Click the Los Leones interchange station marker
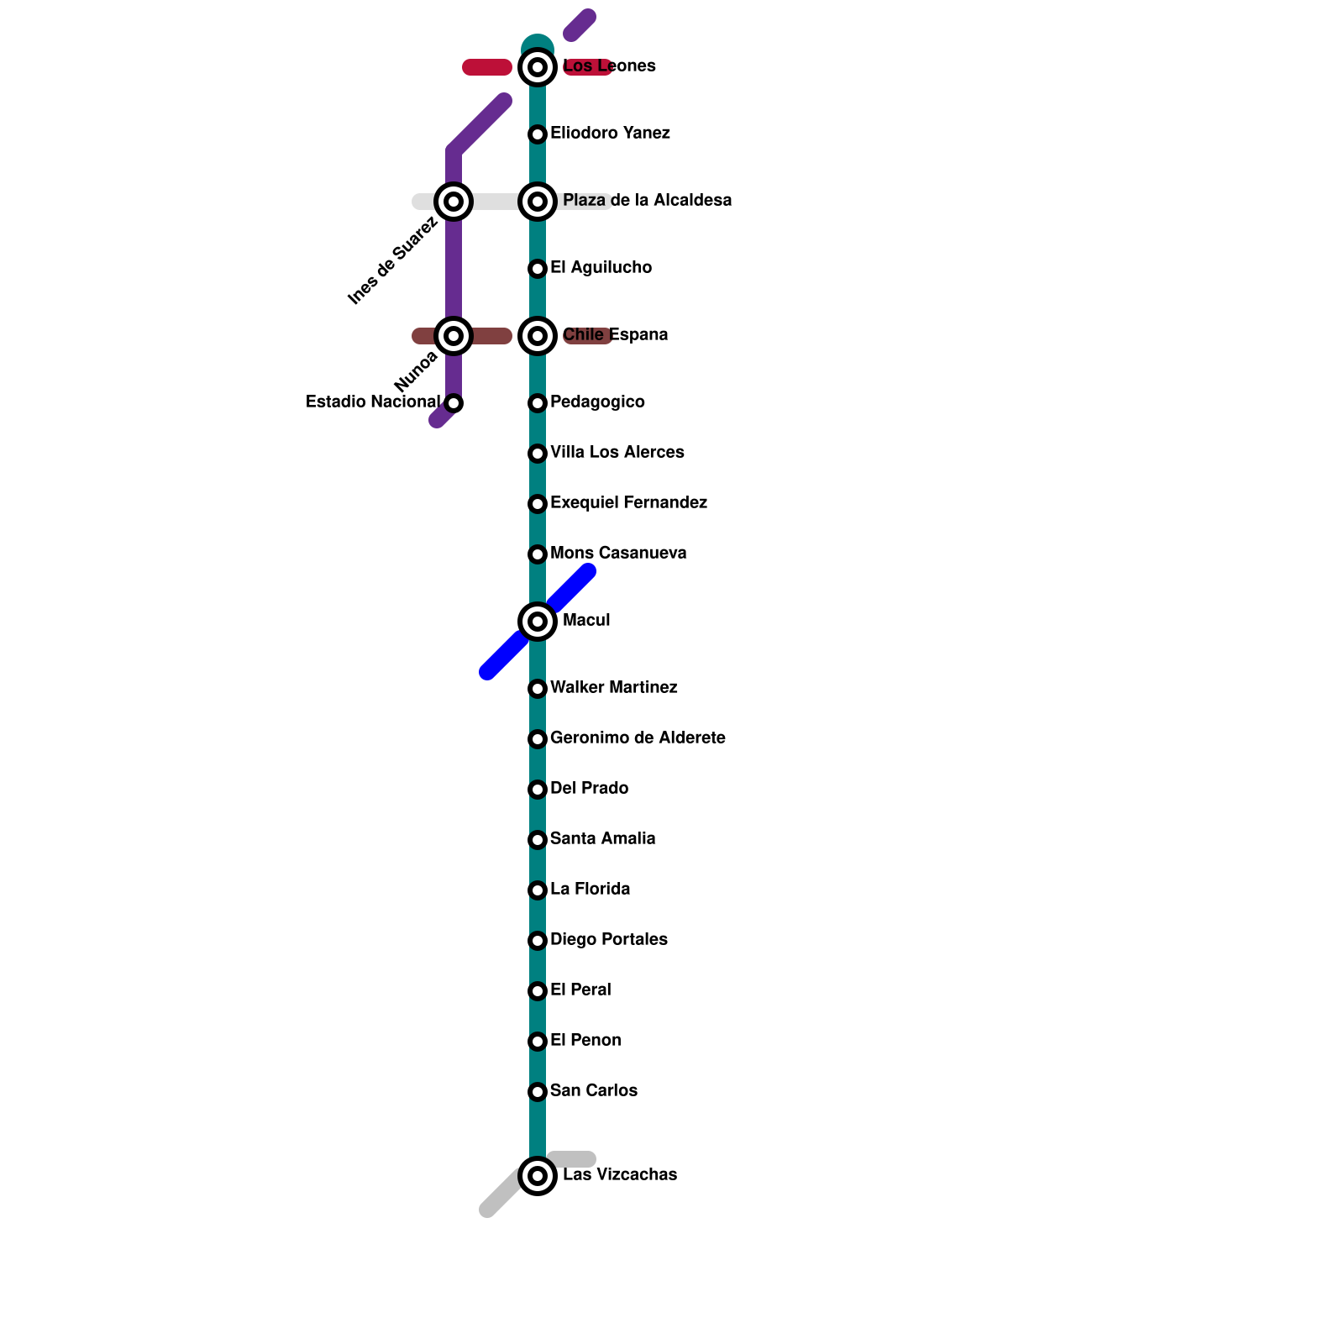538,67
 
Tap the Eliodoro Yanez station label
610,134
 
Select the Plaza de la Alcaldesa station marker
538,202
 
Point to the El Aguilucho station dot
538,269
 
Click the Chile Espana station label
615,335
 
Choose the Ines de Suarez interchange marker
454,202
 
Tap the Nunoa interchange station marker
454,336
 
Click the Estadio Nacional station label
372,402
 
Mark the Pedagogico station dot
538,403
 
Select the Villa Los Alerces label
617,453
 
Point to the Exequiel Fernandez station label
628,503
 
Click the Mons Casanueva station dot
538,554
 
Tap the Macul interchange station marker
538,622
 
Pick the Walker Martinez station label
613,688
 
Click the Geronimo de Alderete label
638,738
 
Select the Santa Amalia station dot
538,840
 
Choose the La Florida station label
590,890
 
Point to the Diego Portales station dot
538,941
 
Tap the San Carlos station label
593,1091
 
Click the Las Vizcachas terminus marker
538,1176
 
